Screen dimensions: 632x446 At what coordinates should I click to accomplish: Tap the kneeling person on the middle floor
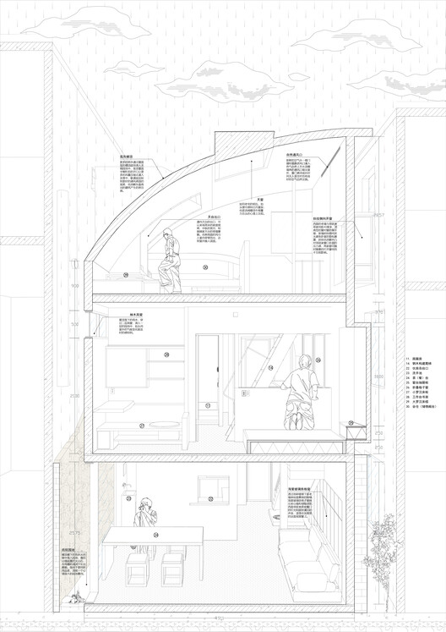tap(299, 398)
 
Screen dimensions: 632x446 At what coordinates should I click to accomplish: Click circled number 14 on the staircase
tap(270, 368)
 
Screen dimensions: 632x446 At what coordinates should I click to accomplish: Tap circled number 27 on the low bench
tap(142, 426)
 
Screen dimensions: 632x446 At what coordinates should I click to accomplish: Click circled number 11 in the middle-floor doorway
tap(207, 405)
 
